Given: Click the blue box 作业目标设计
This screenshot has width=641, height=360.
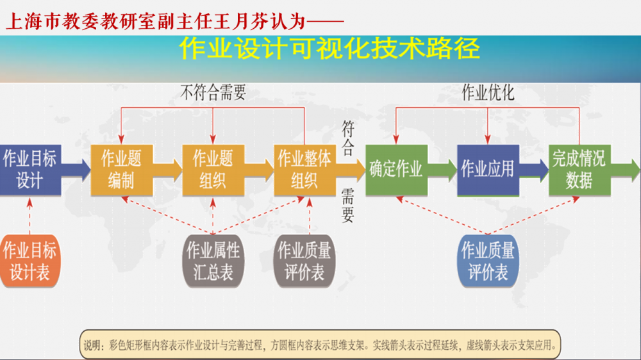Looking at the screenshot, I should click(x=29, y=170).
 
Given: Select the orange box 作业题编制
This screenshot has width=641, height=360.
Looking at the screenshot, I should click(x=121, y=170).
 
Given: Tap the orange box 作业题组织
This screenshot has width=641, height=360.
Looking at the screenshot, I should click(x=213, y=170).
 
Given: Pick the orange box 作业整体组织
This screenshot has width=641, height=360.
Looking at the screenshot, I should click(x=304, y=170).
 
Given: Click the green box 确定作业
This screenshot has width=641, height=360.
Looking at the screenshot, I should click(x=395, y=170).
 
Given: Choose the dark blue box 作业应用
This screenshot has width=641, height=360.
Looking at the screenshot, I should click(x=488, y=170).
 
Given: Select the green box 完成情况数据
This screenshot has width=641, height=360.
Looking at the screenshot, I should click(x=579, y=170).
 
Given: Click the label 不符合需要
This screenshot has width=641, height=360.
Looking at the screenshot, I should click(x=213, y=94).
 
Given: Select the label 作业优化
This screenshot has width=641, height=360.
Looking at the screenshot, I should click(x=488, y=94).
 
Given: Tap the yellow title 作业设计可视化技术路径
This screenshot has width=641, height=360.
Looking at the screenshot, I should click(x=329, y=49).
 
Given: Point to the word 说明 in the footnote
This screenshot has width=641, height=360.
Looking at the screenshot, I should click(x=92, y=345).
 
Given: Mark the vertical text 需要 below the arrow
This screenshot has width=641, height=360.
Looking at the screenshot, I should click(x=347, y=205).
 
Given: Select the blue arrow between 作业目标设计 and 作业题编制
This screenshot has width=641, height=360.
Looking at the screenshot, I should click(x=76, y=170).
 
